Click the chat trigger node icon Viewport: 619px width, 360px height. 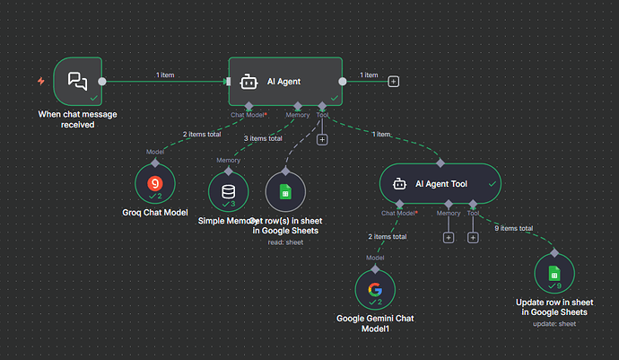point(78,82)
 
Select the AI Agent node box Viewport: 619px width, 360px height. point(285,82)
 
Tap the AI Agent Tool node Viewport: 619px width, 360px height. point(439,184)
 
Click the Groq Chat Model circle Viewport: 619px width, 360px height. point(154,187)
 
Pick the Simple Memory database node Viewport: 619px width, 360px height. point(229,192)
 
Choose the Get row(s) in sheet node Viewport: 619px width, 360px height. point(285,192)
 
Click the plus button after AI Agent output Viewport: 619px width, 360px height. point(393,82)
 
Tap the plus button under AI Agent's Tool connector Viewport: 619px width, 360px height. point(322,139)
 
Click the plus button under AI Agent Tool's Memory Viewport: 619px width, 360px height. point(448,238)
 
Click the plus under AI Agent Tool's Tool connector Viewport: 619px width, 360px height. point(472,238)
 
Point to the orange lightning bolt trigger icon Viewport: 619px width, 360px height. point(40,82)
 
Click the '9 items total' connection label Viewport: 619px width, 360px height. point(515,228)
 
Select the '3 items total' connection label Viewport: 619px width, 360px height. point(263,138)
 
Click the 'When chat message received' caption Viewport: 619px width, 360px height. point(78,119)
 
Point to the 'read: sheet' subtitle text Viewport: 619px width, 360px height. point(285,242)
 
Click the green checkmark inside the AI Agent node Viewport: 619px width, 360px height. point(334,97)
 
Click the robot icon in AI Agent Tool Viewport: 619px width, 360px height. point(400,184)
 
